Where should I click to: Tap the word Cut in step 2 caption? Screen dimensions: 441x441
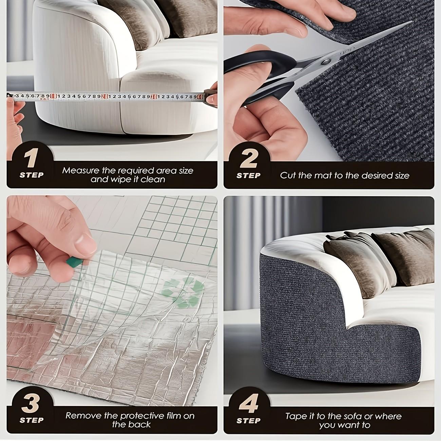tap(287, 175)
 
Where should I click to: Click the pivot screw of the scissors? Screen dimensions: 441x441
tap(326, 61)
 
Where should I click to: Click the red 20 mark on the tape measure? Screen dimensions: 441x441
tap(105, 97)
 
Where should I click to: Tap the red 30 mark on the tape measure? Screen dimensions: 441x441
tap(154, 97)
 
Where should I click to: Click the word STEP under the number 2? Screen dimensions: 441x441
tap(248, 176)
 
